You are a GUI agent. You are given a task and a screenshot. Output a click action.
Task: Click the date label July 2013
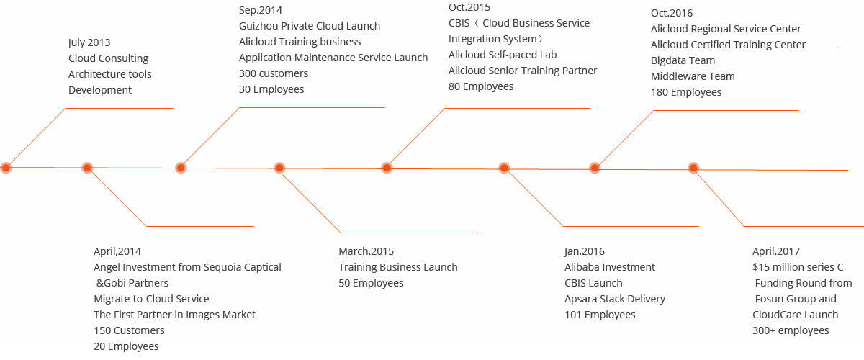(89, 42)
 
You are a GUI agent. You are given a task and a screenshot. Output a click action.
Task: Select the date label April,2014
(117, 251)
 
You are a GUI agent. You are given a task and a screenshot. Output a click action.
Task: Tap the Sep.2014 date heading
(261, 10)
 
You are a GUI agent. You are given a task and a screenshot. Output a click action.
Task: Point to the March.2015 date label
(366, 251)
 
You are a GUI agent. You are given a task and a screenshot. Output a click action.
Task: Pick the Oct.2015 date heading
(469, 7)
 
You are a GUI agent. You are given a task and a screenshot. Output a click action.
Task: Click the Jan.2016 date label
(585, 251)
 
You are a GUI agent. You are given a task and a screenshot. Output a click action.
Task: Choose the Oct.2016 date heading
(672, 13)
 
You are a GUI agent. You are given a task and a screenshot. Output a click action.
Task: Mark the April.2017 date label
(776, 251)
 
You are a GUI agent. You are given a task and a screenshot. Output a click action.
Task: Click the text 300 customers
(274, 73)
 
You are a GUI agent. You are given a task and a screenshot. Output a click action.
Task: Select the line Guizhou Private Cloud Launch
(310, 26)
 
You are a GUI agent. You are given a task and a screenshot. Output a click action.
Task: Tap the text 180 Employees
(686, 92)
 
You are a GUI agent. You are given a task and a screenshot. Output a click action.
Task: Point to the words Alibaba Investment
(610, 267)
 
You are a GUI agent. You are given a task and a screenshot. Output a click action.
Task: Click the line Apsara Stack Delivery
(615, 299)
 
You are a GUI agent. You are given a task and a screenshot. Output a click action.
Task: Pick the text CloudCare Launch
(796, 315)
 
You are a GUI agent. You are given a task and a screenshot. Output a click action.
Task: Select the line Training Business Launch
(398, 267)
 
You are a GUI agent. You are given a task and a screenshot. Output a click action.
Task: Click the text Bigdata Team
(683, 60)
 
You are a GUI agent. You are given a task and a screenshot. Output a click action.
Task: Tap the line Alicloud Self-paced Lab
(503, 55)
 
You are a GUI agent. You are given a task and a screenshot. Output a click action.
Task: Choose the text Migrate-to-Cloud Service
(151, 299)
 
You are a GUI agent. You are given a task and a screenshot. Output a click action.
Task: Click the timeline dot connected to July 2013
(6, 168)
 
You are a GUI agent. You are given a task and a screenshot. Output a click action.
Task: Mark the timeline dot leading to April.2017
(693, 168)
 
